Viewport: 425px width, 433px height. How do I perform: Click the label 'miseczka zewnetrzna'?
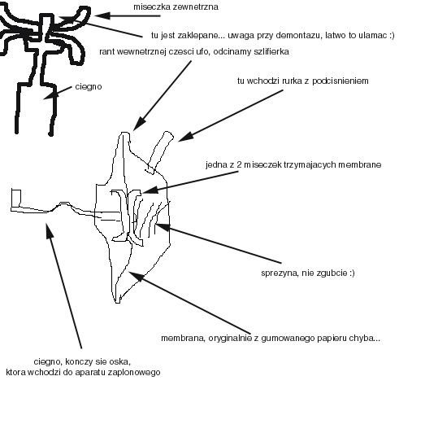point(176,7)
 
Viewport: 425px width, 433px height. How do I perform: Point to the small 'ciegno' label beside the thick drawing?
point(89,87)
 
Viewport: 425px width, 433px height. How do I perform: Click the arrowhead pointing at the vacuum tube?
point(185,137)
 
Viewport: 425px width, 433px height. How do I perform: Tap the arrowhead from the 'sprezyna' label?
point(163,227)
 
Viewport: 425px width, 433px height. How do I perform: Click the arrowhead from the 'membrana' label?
point(136,277)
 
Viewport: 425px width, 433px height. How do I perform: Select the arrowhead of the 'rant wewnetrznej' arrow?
point(139,124)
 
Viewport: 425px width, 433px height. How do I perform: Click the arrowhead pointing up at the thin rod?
point(49,230)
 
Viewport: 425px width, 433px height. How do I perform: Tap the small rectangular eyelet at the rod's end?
point(16,198)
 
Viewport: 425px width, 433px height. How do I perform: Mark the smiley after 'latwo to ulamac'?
point(392,35)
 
